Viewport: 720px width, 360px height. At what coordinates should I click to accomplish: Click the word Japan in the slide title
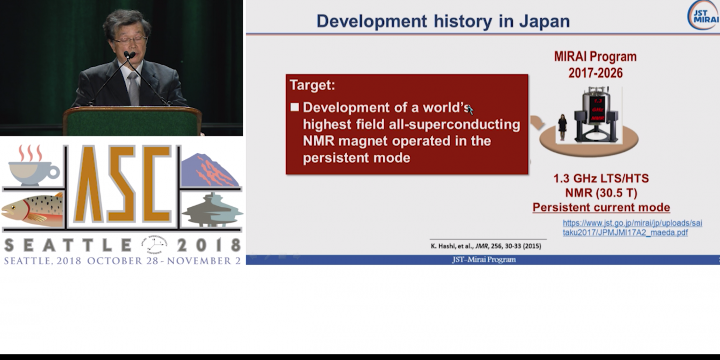tap(544, 21)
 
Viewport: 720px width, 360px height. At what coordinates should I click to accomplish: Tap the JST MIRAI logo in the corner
tap(704, 15)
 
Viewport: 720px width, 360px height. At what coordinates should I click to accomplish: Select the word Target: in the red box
tap(313, 85)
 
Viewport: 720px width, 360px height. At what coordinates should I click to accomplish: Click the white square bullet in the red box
tap(294, 107)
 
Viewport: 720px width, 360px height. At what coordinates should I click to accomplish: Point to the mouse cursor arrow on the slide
tap(470, 110)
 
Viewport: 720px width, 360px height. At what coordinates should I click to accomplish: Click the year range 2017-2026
tap(595, 73)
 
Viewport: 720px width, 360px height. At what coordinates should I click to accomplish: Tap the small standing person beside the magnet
tap(562, 127)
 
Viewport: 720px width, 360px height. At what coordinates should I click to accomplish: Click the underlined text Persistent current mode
tap(601, 207)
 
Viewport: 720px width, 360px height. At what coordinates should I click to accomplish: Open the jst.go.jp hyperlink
tap(632, 228)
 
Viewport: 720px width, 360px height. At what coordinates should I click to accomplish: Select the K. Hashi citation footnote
tap(486, 246)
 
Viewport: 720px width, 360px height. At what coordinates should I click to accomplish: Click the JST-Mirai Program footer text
tap(484, 260)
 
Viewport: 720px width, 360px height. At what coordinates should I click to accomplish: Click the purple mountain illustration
tap(210, 171)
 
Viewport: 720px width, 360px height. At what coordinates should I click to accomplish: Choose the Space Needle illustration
tap(212, 210)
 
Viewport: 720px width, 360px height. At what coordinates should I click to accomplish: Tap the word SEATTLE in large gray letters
tap(68, 245)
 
